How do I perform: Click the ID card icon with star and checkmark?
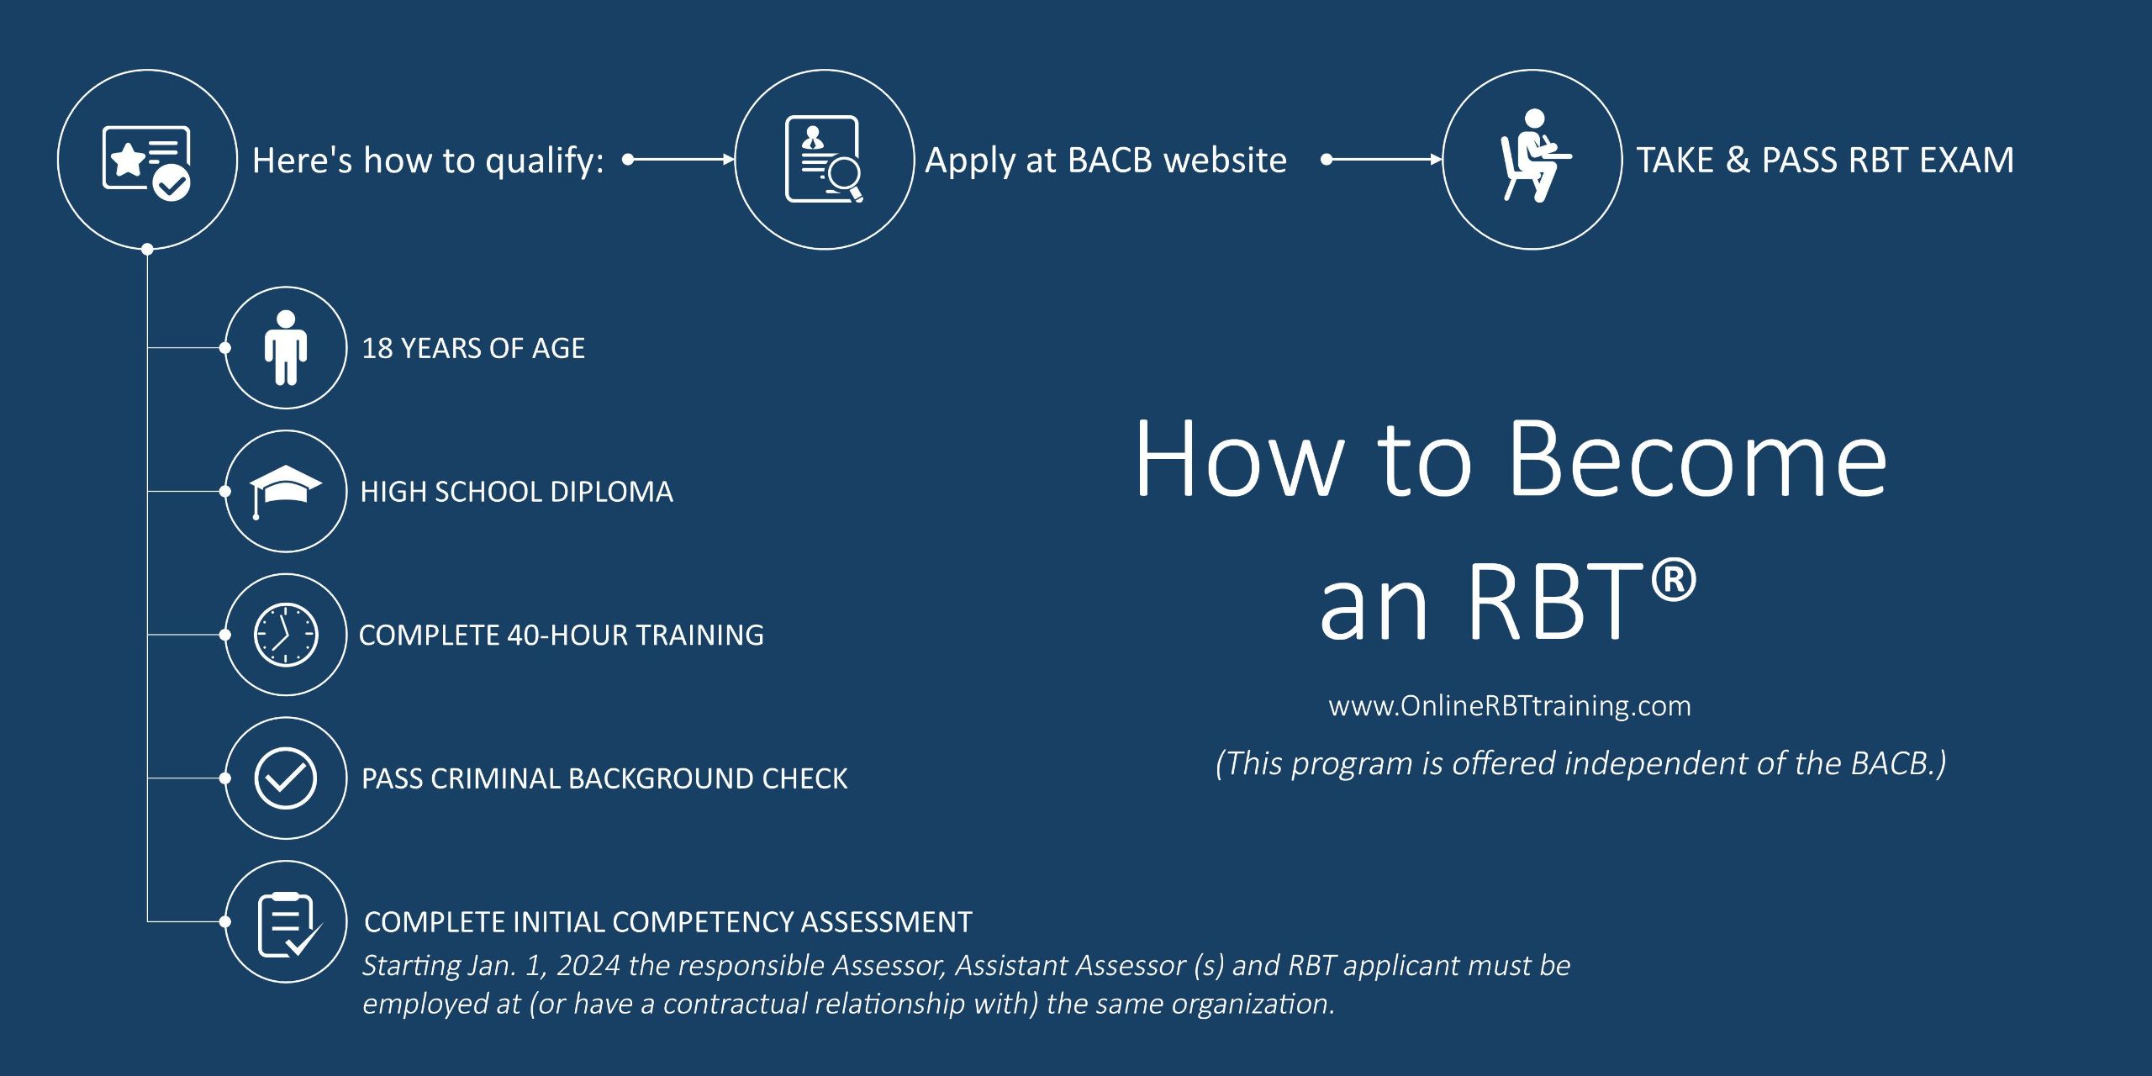tap(147, 161)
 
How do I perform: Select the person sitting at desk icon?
tap(1532, 158)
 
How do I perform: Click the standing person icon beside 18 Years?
tap(286, 347)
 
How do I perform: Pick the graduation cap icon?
tap(286, 490)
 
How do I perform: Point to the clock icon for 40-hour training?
tap(286, 635)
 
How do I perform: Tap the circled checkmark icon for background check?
tap(286, 778)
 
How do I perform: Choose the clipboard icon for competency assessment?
tap(287, 923)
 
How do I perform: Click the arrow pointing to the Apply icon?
tap(681, 159)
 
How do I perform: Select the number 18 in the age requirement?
tap(377, 348)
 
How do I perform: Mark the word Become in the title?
tap(1698, 461)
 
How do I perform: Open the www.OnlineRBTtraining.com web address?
tap(1510, 706)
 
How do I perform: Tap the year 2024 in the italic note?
tap(588, 966)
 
